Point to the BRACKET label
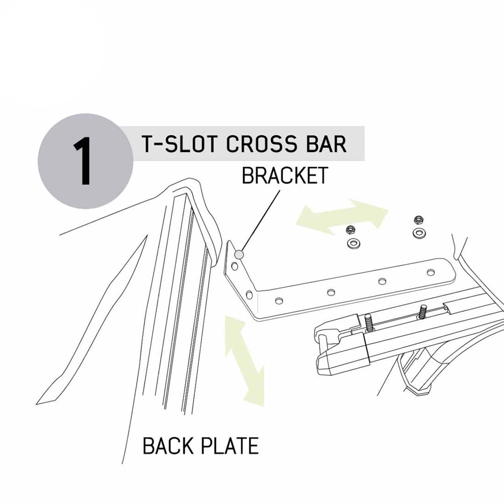point(285,175)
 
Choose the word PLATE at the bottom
point(230,446)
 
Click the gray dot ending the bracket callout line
point(239,255)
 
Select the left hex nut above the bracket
point(350,230)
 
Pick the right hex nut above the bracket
point(419,220)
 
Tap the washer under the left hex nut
point(354,243)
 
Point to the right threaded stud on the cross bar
point(422,312)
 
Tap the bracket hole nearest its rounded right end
point(430,273)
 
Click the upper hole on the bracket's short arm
point(235,266)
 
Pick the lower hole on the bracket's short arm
point(249,294)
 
